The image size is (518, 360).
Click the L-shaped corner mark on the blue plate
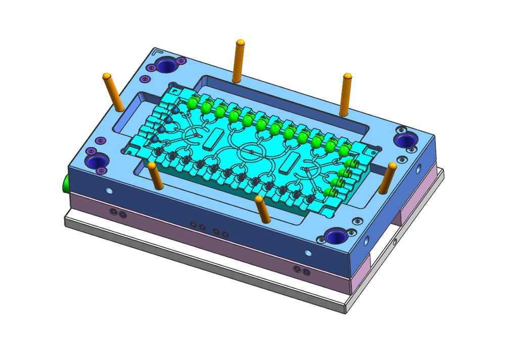(158, 51)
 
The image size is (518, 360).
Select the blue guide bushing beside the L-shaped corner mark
(165, 65)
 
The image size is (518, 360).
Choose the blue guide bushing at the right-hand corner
(405, 140)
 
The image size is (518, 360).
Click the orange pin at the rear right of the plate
(346, 94)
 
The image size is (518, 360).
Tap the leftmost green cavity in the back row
(192, 103)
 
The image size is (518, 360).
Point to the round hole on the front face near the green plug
(109, 191)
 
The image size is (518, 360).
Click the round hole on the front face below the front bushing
(309, 252)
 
